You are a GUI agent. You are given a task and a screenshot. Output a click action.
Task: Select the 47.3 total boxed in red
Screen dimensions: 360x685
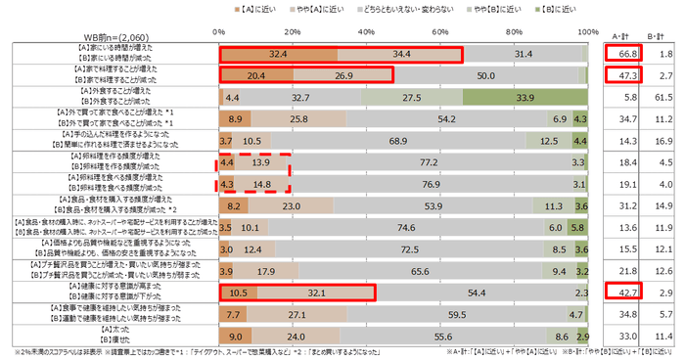616,75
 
